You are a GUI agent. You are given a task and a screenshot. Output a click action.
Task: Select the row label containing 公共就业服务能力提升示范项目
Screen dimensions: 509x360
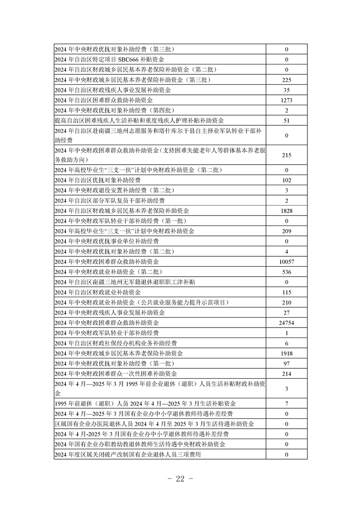click(x=141, y=303)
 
